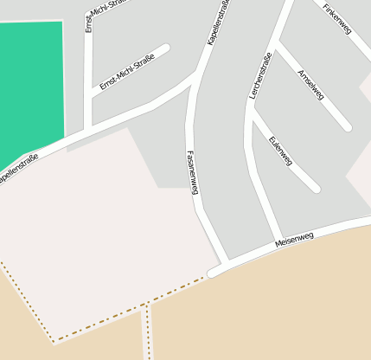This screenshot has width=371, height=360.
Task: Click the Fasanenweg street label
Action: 193,172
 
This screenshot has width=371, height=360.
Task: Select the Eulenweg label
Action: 280,150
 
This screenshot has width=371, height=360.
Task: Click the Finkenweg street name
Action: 337,19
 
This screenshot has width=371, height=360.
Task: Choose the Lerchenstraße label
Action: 260,75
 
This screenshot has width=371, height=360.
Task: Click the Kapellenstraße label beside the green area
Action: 18,169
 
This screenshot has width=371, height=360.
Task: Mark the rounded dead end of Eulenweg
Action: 316,187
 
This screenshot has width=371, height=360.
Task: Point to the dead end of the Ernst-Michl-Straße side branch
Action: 164,48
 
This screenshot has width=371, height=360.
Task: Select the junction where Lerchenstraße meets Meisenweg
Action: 277,241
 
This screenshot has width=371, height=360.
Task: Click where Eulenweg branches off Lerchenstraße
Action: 253,115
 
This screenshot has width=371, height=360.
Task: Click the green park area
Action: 29,87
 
